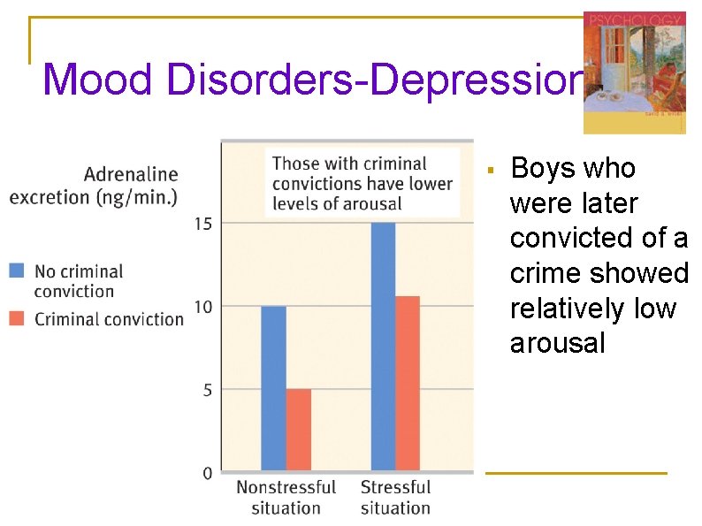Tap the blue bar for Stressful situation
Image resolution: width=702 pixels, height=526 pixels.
pyautogui.click(x=383, y=345)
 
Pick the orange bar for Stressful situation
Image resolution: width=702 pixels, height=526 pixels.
pyautogui.click(x=408, y=382)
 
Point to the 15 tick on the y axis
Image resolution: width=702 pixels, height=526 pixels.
pyautogui.click(x=202, y=224)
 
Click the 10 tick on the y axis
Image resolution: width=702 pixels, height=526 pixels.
pyautogui.click(x=202, y=307)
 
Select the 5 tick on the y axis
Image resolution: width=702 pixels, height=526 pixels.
pyautogui.click(x=207, y=390)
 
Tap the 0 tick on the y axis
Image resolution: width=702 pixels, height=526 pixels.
pyautogui.click(x=207, y=473)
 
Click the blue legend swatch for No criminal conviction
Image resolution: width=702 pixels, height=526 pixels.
pyautogui.click(x=18, y=271)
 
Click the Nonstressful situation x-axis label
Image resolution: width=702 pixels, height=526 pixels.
pyautogui.click(x=286, y=498)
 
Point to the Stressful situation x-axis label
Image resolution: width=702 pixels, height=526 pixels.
pyautogui.click(x=395, y=498)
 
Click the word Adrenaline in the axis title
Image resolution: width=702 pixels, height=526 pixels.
pyautogui.click(x=131, y=175)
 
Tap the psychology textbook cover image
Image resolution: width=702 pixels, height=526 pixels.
pyautogui.click(x=634, y=72)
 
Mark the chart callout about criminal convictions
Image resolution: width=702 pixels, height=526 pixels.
pyautogui.click(x=362, y=183)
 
